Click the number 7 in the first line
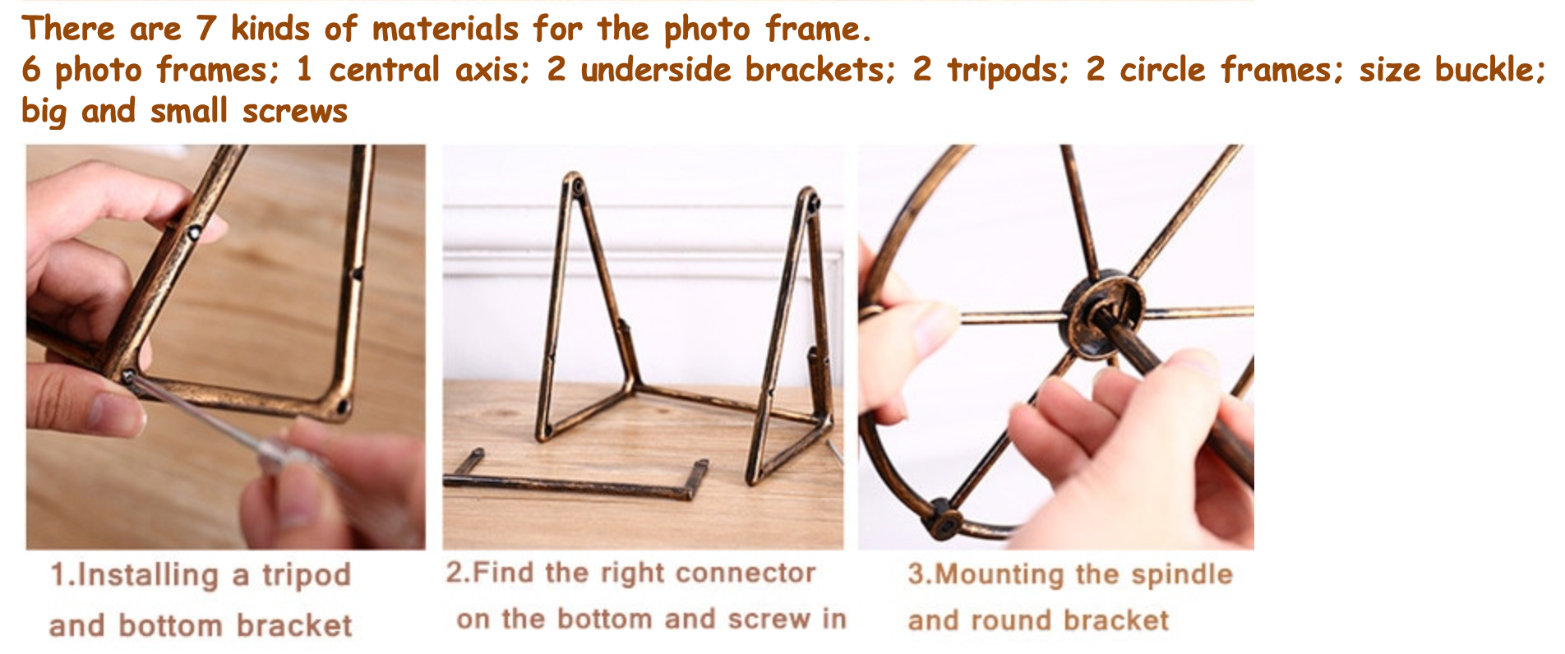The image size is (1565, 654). [205, 29]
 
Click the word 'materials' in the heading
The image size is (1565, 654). [445, 29]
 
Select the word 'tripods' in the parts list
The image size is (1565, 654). [1007, 71]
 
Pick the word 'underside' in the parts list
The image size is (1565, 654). [656, 70]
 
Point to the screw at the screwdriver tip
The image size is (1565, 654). [128, 376]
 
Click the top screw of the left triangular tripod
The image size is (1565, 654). [577, 186]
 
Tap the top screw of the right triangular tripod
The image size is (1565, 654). [812, 201]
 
